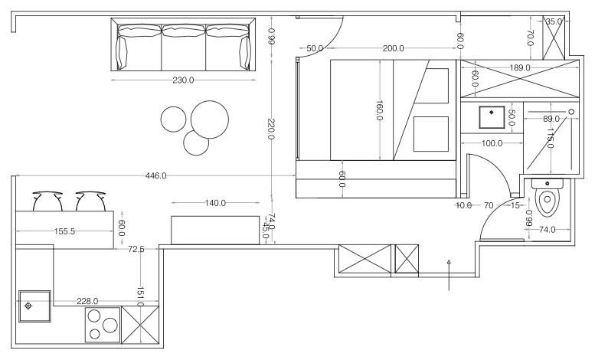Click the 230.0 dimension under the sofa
[183, 80]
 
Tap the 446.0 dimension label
[156, 176]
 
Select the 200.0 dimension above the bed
[394, 48]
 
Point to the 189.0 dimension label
[520, 68]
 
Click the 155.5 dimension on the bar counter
[64, 231]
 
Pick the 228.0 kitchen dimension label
[87, 301]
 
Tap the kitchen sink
[34, 306]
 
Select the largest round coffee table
[210, 119]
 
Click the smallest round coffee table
[196, 142]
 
